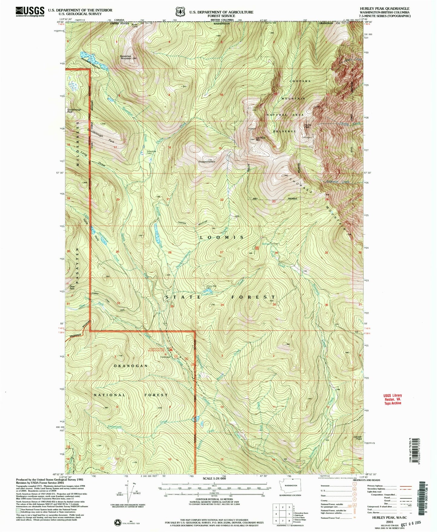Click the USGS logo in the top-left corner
click(30, 11)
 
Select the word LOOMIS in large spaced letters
click(222, 238)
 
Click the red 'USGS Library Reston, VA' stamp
click(393, 399)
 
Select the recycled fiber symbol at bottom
click(117, 522)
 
